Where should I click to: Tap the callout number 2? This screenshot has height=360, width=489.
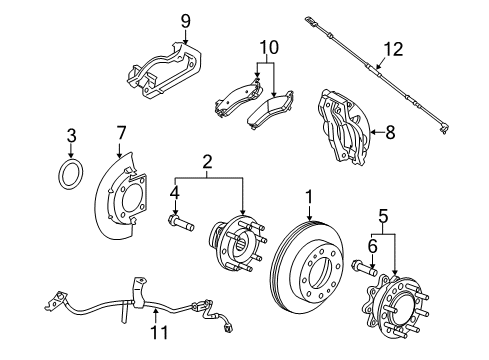click(x=206, y=160)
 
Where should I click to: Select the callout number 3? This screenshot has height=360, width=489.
click(x=71, y=135)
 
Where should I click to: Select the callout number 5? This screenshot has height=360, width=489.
click(x=384, y=214)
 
